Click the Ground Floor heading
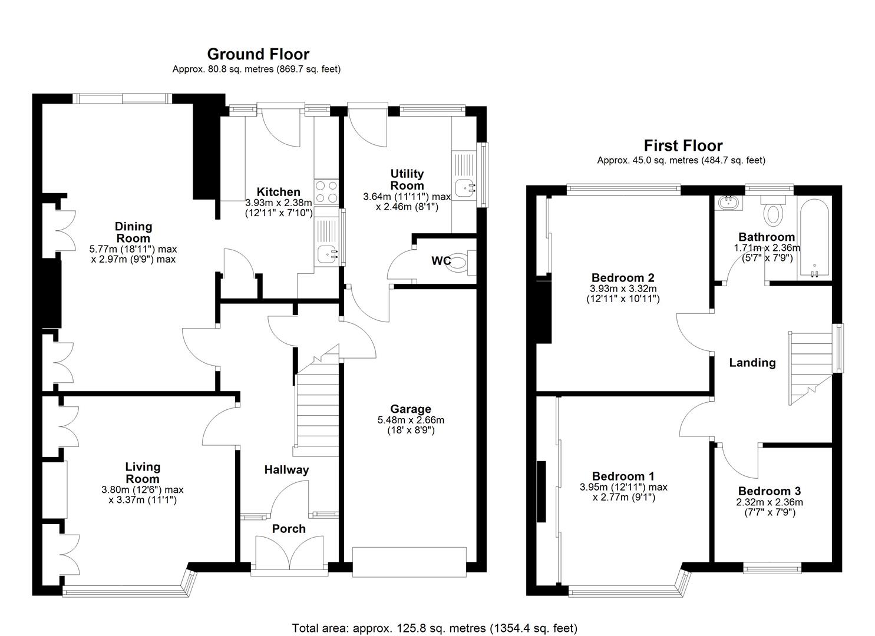(x=258, y=54)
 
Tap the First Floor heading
(x=683, y=145)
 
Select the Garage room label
(x=411, y=409)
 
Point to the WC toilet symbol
(x=461, y=262)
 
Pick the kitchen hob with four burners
(x=326, y=192)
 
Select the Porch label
(x=289, y=529)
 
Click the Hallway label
(x=286, y=470)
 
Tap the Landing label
(x=752, y=363)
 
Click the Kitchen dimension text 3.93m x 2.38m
(x=279, y=203)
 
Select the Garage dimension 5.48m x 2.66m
(x=411, y=420)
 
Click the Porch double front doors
(x=289, y=553)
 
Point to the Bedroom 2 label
(x=623, y=277)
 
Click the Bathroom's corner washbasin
(x=729, y=203)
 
